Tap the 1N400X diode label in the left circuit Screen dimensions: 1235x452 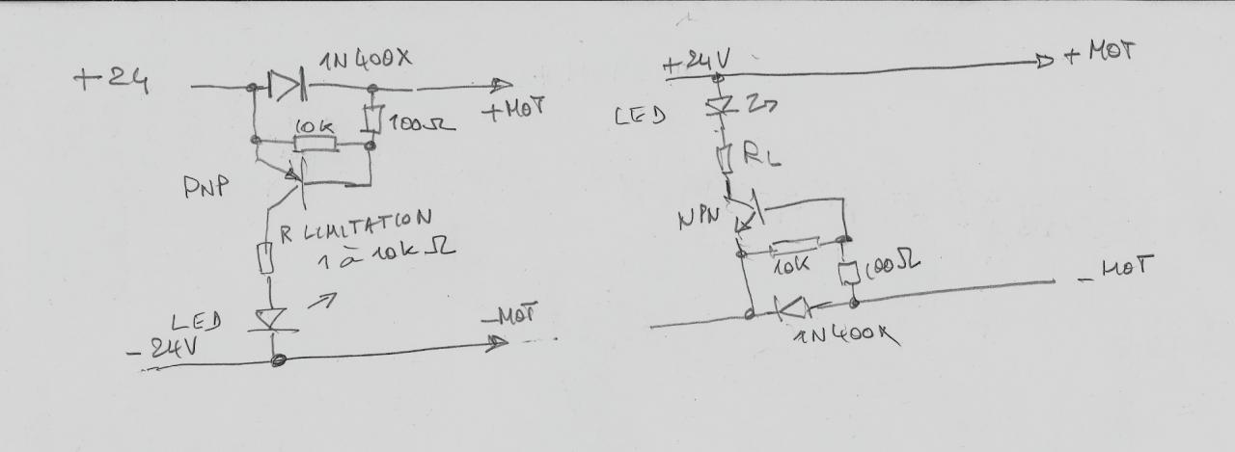click(x=368, y=60)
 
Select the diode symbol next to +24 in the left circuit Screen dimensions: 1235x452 click(x=286, y=88)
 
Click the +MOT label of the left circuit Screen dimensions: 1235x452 click(x=511, y=109)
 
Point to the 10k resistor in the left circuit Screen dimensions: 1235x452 click(x=316, y=145)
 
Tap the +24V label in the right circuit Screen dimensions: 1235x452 click(x=697, y=64)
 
